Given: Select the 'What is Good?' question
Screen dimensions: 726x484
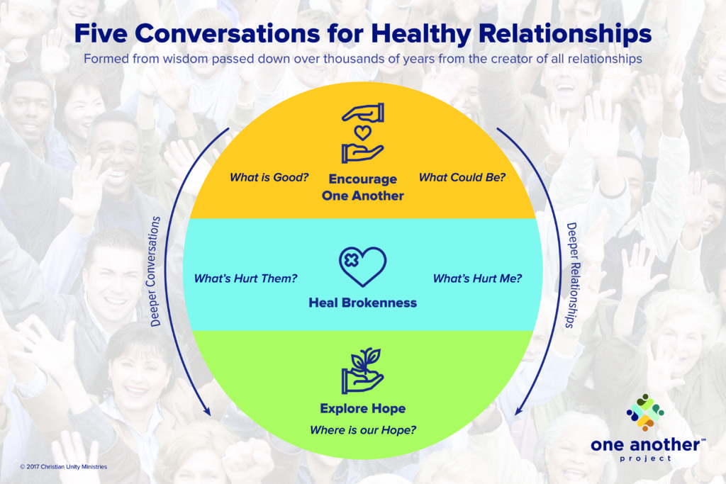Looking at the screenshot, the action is click(x=269, y=177).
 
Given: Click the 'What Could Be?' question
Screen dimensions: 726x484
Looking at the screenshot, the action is click(x=462, y=177).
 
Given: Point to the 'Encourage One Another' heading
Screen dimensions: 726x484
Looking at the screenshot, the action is click(x=362, y=187).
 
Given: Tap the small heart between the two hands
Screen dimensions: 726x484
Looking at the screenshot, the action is click(x=362, y=133).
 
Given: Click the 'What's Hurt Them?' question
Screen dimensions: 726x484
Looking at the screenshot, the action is click(x=245, y=278).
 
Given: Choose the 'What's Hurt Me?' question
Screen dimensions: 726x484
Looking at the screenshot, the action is click(x=477, y=278).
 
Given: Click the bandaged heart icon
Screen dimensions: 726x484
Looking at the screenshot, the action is click(x=362, y=266).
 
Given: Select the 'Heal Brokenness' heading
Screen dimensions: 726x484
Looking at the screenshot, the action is click(x=362, y=303).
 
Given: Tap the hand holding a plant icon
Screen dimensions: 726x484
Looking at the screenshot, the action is click(x=362, y=371).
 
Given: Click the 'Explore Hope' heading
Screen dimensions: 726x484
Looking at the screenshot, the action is click(x=362, y=409).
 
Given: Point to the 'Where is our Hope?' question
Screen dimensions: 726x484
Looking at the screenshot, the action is click(x=362, y=430).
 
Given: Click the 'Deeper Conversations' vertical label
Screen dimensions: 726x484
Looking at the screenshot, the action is click(x=155, y=271).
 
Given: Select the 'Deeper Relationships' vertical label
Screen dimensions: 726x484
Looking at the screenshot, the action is click(x=573, y=276).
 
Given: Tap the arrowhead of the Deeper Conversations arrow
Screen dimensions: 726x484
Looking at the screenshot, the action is click(x=207, y=410).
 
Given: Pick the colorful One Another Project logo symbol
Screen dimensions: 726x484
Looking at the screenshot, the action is click(x=645, y=412).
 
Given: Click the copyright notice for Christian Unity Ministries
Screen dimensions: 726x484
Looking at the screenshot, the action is click(x=63, y=467).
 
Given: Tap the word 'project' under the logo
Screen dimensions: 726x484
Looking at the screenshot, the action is click(x=645, y=458).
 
